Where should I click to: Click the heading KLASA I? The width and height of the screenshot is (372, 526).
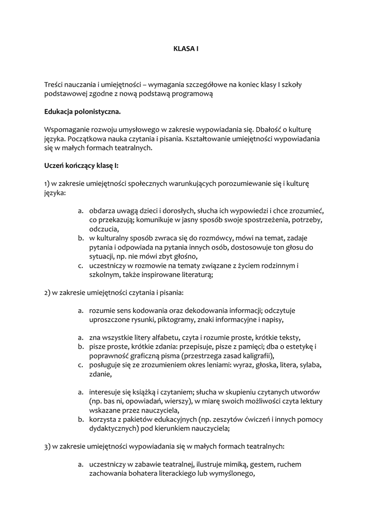tap(185, 48)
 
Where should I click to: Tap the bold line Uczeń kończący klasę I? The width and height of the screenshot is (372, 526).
tap(81, 165)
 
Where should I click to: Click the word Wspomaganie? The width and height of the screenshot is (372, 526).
tap(67, 129)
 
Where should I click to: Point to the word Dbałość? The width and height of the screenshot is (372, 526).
tap(272, 129)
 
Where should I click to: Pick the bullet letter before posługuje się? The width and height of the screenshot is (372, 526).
tap(81, 365)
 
